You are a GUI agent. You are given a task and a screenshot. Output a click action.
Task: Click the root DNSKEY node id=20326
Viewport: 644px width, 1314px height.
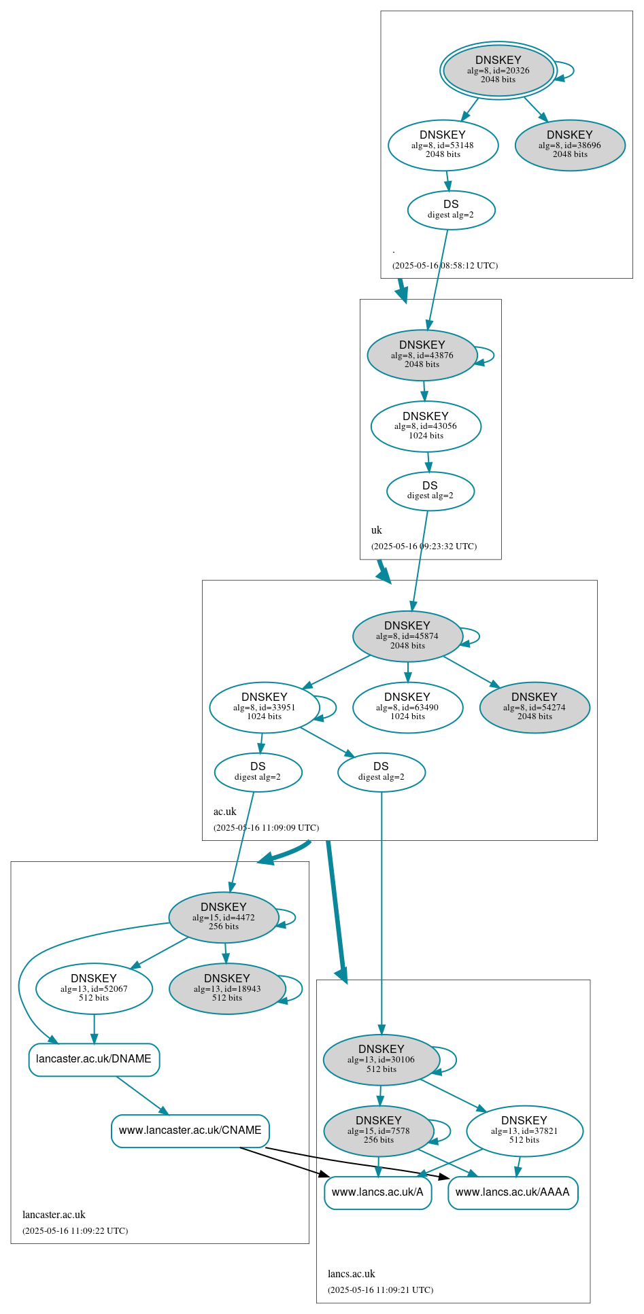[x=498, y=70]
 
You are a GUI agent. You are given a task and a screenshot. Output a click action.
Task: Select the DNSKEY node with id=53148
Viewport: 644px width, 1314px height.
[x=443, y=145]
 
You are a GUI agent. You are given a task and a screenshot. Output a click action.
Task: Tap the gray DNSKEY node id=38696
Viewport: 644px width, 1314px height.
[x=570, y=145]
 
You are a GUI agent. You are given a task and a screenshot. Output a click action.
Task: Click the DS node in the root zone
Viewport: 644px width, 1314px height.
[x=451, y=210]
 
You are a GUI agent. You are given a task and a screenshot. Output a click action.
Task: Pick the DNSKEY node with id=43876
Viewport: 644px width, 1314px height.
[x=422, y=355]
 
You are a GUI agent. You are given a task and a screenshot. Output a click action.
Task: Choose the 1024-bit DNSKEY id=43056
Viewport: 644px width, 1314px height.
[x=426, y=426]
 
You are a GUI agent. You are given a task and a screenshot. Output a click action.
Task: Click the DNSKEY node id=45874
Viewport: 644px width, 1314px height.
[x=407, y=636]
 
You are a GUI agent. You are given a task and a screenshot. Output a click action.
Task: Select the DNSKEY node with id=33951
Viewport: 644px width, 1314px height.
[x=265, y=707]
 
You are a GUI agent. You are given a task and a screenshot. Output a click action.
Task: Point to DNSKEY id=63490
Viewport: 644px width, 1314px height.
[x=407, y=707]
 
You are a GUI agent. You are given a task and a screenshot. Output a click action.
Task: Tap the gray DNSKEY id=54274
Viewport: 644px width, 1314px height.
[x=535, y=707]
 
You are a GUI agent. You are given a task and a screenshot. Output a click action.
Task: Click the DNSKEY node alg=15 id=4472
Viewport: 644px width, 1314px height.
[x=224, y=917]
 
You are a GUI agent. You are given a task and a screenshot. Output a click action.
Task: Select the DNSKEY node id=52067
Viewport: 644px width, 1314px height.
[x=94, y=988]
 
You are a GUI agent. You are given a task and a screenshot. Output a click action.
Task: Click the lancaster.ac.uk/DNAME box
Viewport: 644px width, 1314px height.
[x=94, y=1059]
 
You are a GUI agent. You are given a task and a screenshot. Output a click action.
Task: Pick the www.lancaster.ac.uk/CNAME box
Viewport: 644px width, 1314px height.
[x=190, y=1130]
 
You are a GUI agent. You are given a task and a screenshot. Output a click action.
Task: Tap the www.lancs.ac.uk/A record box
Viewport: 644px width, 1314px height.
[x=377, y=1192]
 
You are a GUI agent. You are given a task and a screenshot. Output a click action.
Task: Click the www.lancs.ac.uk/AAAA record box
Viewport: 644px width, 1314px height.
[x=513, y=1192]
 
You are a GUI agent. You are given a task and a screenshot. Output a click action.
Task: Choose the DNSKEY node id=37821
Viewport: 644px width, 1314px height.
[x=524, y=1130]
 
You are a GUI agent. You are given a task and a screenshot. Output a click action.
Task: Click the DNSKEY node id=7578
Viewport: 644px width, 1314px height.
[x=379, y=1130]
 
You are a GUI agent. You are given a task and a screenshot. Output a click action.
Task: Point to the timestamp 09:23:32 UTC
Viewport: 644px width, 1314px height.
[x=424, y=547]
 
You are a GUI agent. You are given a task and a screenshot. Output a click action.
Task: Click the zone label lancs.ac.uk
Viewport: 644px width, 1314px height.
[x=352, y=1274]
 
